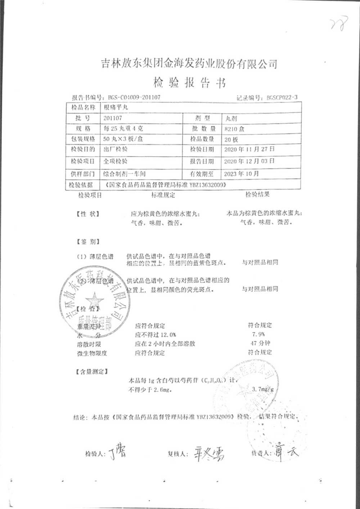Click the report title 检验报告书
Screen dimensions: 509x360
click(189, 83)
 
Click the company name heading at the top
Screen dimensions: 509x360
click(189, 64)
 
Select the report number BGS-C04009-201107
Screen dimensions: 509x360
click(134, 97)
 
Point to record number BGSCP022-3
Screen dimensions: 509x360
click(282, 98)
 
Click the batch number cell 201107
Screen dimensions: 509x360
click(112, 118)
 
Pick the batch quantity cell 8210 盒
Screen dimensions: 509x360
click(234, 129)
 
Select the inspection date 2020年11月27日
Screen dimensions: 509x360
click(249, 149)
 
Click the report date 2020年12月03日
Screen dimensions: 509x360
click(249, 161)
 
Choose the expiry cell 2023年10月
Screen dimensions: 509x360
click(241, 173)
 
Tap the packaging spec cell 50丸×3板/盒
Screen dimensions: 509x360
click(123, 139)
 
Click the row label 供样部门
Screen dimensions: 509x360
click(82, 174)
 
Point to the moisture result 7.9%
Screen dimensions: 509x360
click(259, 334)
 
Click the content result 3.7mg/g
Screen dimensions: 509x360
click(263, 389)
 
